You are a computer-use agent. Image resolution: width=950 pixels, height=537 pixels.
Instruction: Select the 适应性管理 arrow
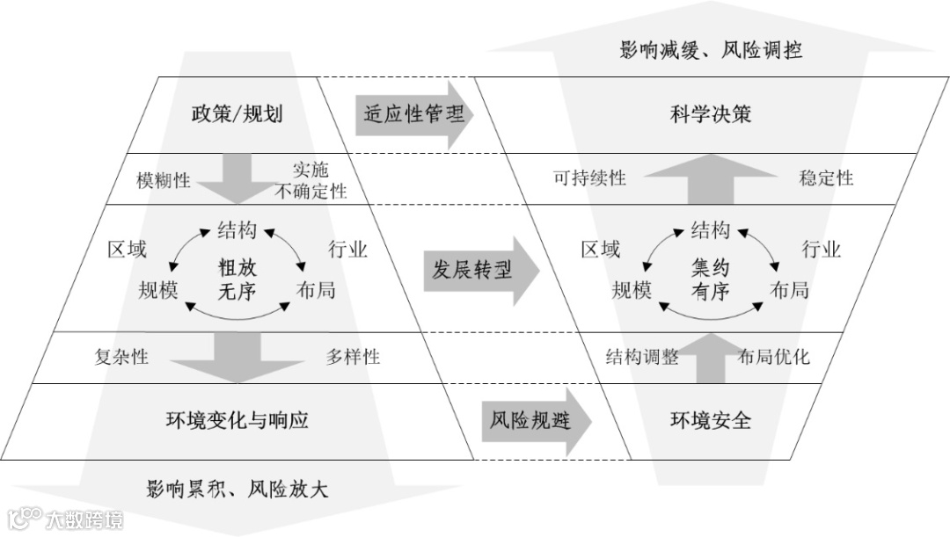(x=413, y=113)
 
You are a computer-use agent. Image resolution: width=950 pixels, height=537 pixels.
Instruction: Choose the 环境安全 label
(x=711, y=419)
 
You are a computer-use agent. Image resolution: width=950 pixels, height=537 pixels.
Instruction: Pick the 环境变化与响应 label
(x=237, y=419)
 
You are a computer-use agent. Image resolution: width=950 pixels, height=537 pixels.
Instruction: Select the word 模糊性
(x=163, y=179)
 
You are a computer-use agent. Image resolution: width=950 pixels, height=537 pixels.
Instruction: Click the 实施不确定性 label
(x=310, y=180)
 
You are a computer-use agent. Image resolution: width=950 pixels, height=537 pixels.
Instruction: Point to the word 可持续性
(x=589, y=178)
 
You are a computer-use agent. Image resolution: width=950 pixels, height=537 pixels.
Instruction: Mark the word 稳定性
(x=826, y=178)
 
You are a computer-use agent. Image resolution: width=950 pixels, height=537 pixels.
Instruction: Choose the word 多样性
(x=353, y=357)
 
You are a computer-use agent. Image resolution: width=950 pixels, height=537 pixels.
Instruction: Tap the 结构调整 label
(x=642, y=357)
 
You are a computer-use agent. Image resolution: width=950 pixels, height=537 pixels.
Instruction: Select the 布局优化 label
(x=773, y=357)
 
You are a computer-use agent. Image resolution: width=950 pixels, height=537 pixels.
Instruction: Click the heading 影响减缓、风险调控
(x=711, y=49)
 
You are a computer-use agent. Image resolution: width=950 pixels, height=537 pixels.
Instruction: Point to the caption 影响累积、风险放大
(x=237, y=489)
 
